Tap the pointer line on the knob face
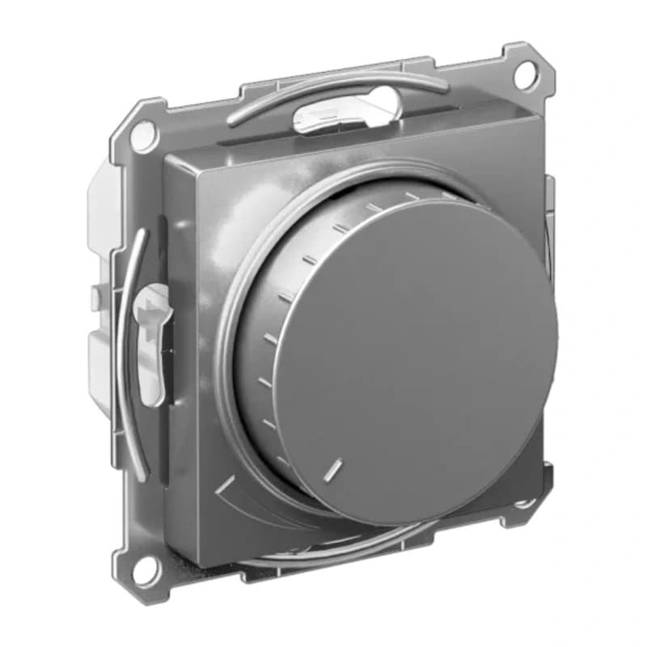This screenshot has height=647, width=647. [333, 468]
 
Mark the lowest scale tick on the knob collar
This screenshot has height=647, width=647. [282, 462]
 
